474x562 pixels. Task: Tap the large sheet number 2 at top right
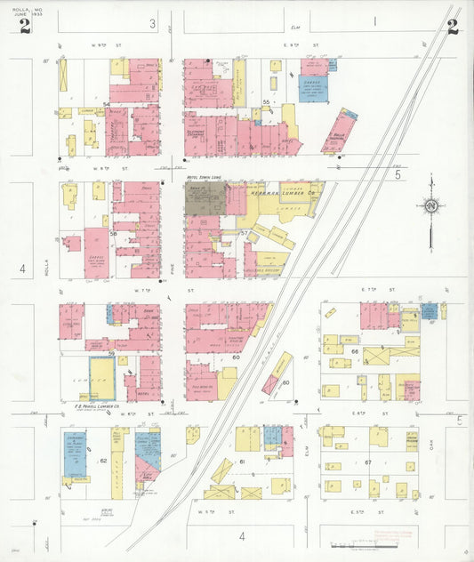pyautogui.click(x=453, y=27)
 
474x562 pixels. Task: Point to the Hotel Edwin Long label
pyautogui.click(x=205, y=178)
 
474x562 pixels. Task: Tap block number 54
pyautogui.click(x=106, y=105)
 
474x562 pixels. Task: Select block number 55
pyautogui.click(x=266, y=104)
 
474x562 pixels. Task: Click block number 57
pyautogui.click(x=245, y=232)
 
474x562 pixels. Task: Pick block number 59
pyautogui.click(x=111, y=354)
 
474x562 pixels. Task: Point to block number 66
pyautogui.click(x=354, y=353)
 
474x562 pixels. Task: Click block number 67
pyautogui.click(x=367, y=462)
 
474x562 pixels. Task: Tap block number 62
pyautogui.click(x=103, y=461)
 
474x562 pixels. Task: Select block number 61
pyautogui.click(x=241, y=462)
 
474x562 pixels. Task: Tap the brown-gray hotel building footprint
pyautogui.click(x=205, y=200)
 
